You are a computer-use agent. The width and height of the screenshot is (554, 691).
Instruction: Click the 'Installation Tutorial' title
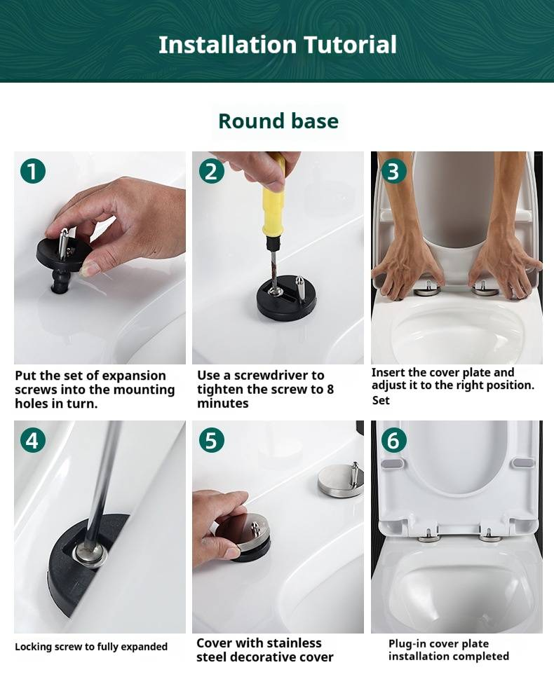[x=278, y=45]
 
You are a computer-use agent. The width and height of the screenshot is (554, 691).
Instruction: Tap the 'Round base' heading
[x=278, y=121]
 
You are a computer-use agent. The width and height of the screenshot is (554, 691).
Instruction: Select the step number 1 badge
[x=33, y=171]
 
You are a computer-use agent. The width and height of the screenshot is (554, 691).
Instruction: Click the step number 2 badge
[x=211, y=171]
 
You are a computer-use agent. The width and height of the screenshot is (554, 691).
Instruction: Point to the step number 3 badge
[x=393, y=171]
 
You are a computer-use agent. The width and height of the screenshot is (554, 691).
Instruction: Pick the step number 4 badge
[x=33, y=440]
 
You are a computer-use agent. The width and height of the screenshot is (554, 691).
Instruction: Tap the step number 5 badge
[x=211, y=440]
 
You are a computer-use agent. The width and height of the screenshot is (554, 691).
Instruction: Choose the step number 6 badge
[x=393, y=440]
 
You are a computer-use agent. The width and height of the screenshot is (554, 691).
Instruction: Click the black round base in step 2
[x=287, y=297]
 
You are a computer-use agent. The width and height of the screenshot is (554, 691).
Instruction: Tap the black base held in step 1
[x=65, y=256]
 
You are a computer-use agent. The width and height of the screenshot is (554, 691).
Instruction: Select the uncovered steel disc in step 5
[x=340, y=482]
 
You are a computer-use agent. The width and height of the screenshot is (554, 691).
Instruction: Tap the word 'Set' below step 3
[x=381, y=400]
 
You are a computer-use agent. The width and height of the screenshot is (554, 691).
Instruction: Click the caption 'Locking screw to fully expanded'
[x=91, y=646]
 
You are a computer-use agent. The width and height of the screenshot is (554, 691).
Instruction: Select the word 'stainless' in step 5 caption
[x=287, y=643]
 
